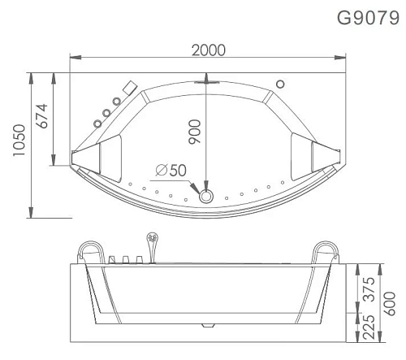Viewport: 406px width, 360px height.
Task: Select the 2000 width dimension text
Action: point(209,50)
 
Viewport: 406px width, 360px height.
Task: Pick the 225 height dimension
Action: point(369,325)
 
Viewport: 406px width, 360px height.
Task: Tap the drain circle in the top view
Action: point(206,195)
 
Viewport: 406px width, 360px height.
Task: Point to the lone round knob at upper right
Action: point(281,83)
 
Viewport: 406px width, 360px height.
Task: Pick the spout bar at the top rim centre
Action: point(206,81)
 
